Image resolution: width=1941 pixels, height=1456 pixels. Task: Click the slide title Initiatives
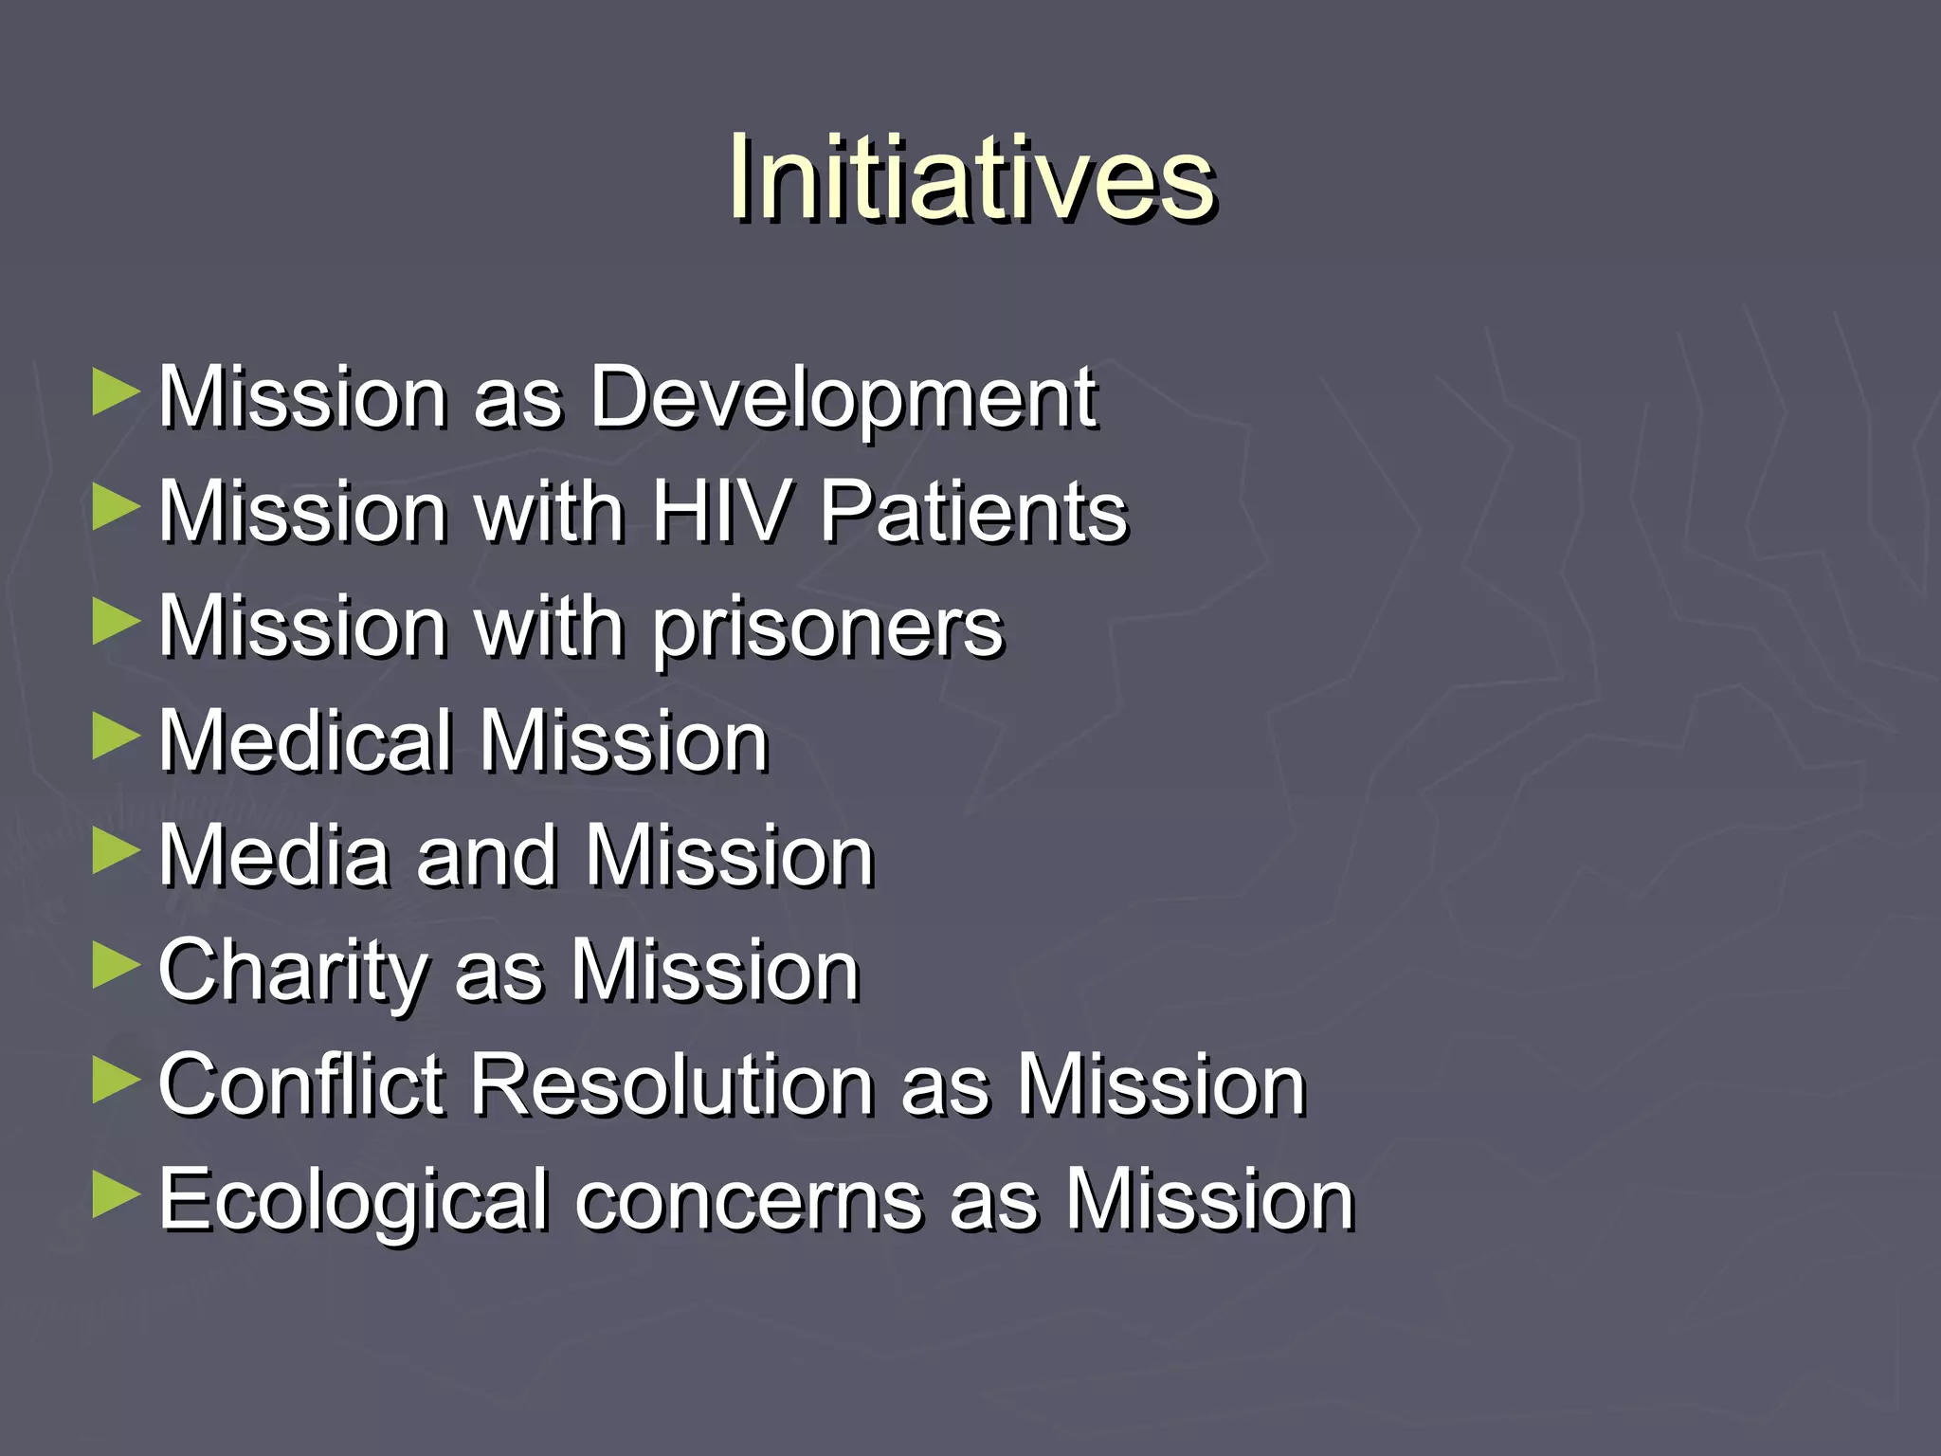(x=970, y=178)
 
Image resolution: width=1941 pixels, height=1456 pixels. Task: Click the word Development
(x=844, y=398)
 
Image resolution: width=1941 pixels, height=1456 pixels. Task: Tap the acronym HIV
(x=720, y=512)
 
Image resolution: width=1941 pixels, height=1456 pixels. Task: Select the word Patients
(x=973, y=512)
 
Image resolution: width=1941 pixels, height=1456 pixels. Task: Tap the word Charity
(x=293, y=973)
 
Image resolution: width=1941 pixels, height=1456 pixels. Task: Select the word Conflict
(x=300, y=1085)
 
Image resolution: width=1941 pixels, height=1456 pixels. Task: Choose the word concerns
(x=749, y=1202)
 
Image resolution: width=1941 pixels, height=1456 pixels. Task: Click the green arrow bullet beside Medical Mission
(x=117, y=738)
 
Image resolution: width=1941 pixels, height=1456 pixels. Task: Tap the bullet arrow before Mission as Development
(x=117, y=393)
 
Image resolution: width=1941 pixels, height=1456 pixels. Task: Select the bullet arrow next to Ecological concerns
(x=117, y=1196)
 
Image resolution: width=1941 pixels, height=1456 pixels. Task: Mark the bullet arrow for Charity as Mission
(x=117, y=967)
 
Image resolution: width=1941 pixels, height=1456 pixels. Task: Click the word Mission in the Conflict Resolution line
(x=1161, y=1085)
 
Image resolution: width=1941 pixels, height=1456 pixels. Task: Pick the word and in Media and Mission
(x=487, y=857)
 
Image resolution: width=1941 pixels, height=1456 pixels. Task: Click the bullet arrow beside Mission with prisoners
(x=117, y=624)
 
